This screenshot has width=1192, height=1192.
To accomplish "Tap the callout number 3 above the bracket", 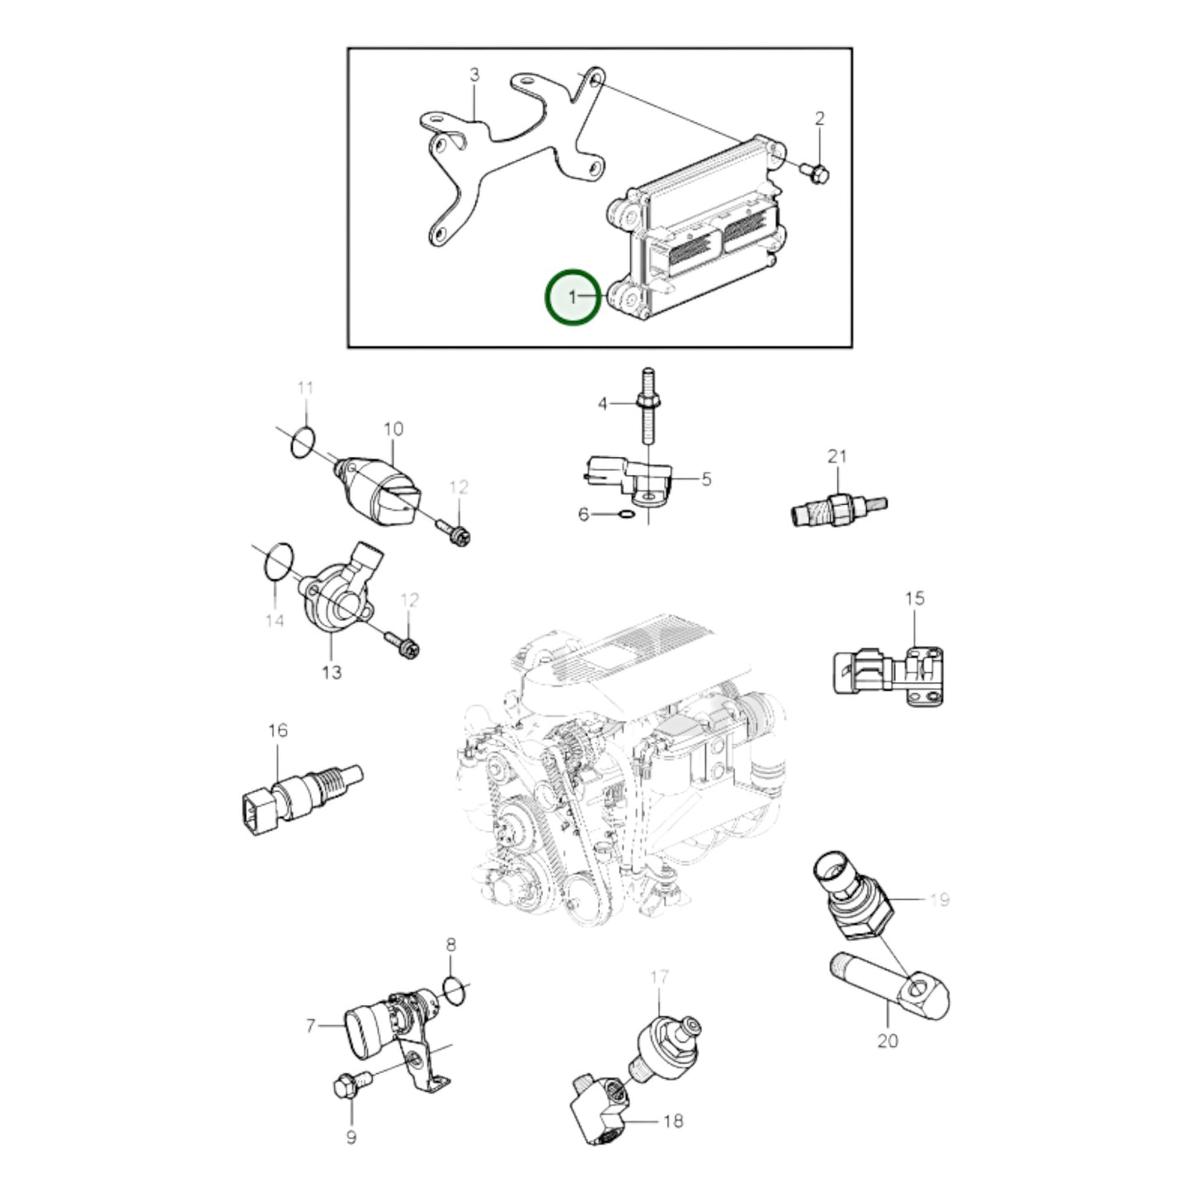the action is pyautogui.click(x=474, y=75).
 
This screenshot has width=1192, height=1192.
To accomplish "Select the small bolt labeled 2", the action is pyautogui.click(x=815, y=171).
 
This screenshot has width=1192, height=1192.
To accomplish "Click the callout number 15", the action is pyautogui.click(x=915, y=598).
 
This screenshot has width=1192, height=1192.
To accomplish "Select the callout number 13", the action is pyautogui.click(x=332, y=672).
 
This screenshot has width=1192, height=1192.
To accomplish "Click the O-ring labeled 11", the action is pyautogui.click(x=303, y=442).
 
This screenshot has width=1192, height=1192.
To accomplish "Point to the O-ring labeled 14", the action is pyautogui.click(x=278, y=563).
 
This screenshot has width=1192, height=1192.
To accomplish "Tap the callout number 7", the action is pyautogui.click(x=310, y=1026).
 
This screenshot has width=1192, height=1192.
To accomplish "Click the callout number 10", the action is pyautogui.click(x=393, y=429).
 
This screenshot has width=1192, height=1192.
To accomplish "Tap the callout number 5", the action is pyautogui.click(x=706, y=478).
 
